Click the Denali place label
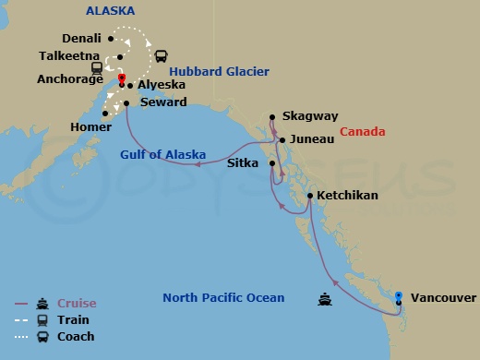[81, 39]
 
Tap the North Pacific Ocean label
[223, 298]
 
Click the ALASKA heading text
[111, 11]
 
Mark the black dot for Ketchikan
[309, 197]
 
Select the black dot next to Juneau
[282, 140]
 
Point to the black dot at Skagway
[272, 117]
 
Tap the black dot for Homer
[107, 114]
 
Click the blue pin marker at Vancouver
[399, 295]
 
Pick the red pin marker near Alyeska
[121, 78]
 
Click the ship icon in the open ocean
[325, 298]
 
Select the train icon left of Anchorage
[97, 67]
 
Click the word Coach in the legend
[76, 337]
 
